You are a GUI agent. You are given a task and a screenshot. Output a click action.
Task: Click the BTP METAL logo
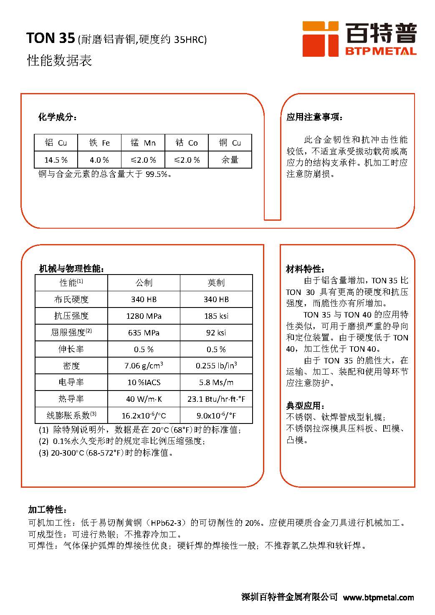pyautogui.click(x=359, y=39)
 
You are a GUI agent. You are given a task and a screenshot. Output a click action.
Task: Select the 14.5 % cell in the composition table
pyautogui.click(x=56, y=160)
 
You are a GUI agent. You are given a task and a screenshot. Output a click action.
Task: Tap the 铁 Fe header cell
pyautogui.click(x=99, y=143)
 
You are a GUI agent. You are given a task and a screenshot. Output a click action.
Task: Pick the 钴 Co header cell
pyautogui.click(x=187, y=143)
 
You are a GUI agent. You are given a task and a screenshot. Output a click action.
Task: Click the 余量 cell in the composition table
pyautogui.click(x=230, y=160)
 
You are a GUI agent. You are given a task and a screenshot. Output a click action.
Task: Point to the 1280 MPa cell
pyautogui.click(x=144, y=316)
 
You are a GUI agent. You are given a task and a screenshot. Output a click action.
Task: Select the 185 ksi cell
pyautogui.click(x=216, y=316)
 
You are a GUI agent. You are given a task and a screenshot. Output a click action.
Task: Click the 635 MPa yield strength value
pyautogui.click(x=144, y=333)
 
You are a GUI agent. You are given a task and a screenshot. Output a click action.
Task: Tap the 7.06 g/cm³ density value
pyautogui.click(x=144, y=366)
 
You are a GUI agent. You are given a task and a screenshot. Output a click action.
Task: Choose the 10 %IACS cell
pyautogui.click(x=144, y=382)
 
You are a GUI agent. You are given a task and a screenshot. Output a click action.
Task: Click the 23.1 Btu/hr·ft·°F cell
pyautogui.click(x=216, y=399)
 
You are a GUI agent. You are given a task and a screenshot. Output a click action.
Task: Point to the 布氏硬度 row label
pyautogui.click(x=71, y=299)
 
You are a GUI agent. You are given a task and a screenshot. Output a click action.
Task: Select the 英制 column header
pyautogui.click(x=216, y=283)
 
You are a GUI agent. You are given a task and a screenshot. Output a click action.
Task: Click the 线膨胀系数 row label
pyautogui.click(x=71, y=415)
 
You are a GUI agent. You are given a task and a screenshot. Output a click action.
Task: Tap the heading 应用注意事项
pyautogui.click(x=314, y=117)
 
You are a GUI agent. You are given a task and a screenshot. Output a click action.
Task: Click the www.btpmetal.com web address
pyautogui.click(x=379, y=597)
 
